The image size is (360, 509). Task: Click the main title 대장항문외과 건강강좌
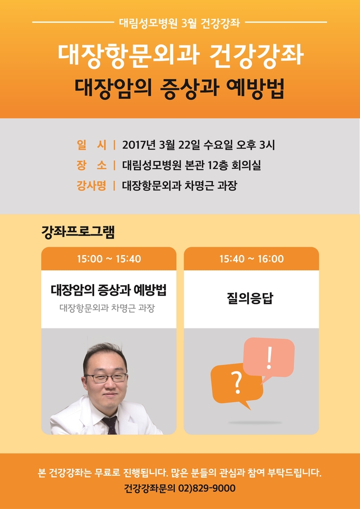click(x=181, y=56)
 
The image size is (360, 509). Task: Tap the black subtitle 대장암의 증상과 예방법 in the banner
click(x=179, y=88)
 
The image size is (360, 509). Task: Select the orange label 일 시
click(x=92, y=145)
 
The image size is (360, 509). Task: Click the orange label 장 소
click(x=92, y=165)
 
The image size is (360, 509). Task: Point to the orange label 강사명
click(x=92, y=186)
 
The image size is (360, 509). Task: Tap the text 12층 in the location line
click(x=218, y=165)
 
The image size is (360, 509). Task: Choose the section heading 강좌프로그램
click(x=78, y=233)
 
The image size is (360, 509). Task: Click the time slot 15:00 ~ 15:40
click(x=109, y=259)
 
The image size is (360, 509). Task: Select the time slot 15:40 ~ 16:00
click(x=251, y=259)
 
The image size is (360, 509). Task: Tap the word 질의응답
click(x=250, y=298)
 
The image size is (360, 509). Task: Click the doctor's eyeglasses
click(x=106, y=378)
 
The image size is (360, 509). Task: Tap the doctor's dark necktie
click(x=111, y=425)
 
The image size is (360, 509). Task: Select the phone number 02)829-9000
click(x=207, y=488)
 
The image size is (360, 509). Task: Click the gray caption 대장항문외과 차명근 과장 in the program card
click(x=107, y=308)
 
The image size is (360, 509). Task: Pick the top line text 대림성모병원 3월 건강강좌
click(x=179, y=23)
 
